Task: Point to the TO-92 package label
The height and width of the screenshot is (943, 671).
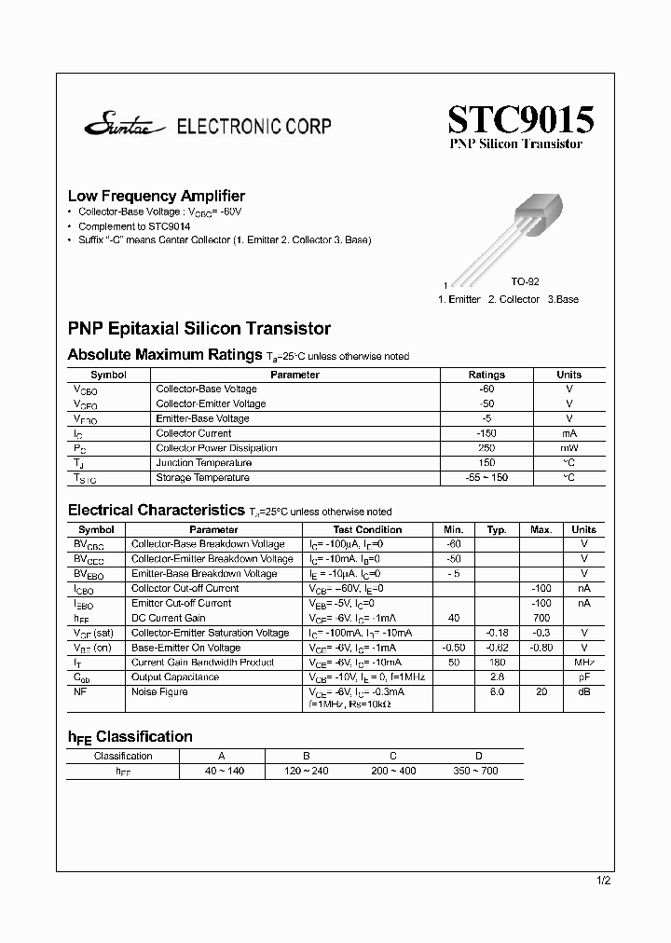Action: (x=525, y=281)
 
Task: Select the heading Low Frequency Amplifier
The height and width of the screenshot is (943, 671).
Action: (x=157, y=196)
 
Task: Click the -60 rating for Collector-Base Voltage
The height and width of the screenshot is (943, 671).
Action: (x=486, y=389)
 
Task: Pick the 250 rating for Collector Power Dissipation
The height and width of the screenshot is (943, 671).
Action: (x=486, y=448)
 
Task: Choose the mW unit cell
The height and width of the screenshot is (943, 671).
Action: (x=568, y=448)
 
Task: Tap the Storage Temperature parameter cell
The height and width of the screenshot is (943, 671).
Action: (x=202, y=478)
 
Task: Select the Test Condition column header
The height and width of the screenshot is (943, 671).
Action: (x=367, y=529)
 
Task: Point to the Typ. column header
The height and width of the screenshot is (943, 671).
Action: (x=498, y=529)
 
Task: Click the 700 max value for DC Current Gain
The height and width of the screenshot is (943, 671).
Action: (x=541, y=618)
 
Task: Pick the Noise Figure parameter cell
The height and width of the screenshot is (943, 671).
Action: (x=159, y=692)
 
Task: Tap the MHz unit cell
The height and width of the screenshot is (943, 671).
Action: (x=583, y=663)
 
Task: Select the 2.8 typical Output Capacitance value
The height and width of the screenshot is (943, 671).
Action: (x=497, y=677)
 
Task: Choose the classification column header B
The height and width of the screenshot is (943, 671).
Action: (x=307, y=757)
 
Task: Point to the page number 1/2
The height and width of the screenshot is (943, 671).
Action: (x=603, y=881)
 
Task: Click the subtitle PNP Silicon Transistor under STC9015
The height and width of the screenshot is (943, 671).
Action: (x=516, y=144)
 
